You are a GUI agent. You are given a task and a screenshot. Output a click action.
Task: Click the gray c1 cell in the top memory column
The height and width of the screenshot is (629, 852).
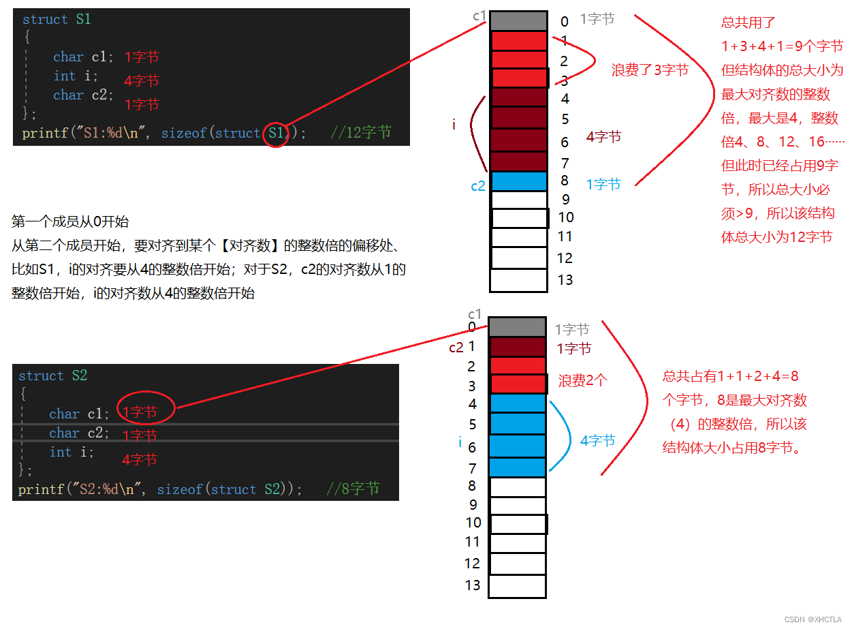pyautogui.click(x=518, y=21)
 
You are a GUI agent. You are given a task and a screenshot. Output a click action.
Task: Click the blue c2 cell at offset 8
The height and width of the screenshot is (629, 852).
pyautogui.click(x=518, y=181)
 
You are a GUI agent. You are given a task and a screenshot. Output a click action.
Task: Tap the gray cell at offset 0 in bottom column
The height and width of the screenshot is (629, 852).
pyautogui.click(x=518, y=327)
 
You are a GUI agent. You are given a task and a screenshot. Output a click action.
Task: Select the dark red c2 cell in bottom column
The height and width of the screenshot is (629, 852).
pyautogui.click(x=518, y=347)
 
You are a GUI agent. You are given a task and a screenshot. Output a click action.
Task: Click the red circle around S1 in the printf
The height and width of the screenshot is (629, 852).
pyautogui.click(x=275, y=133)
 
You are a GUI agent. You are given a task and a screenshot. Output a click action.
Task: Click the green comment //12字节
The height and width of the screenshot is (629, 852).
pyautogui.click(x=361, y=133)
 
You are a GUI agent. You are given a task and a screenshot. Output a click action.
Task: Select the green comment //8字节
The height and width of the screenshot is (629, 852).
pyautogui.click(x=353, y=489)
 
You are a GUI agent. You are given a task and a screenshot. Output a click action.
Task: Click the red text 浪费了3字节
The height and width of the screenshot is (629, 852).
pyautogui.click(x=650, y=70)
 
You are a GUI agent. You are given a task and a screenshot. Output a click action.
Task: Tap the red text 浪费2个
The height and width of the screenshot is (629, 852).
pyautogui.click(x=582, y=381)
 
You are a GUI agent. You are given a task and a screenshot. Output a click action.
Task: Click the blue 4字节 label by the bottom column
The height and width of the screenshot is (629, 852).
pyautogui.click(x=597, y=441)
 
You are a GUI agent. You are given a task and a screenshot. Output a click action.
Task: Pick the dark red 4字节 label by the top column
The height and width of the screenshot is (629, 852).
pyautogui.click(x=603, y=137)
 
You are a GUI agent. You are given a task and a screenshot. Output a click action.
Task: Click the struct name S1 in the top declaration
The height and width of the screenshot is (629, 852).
pyautogui.click(x=83, y=19)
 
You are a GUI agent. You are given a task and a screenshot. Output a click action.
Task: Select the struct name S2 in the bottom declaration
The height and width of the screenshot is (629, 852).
pyautogui.click(x=79, y=375)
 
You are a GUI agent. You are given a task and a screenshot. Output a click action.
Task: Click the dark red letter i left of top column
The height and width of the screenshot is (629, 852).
pyautogui.click(x=454, y=124)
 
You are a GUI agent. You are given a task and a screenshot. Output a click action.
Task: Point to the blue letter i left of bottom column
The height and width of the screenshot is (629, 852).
pyautogui.click(x=460, y=443)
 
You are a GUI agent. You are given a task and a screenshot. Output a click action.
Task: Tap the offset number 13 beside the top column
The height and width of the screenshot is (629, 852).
pyautogui.click(x=565, y=279)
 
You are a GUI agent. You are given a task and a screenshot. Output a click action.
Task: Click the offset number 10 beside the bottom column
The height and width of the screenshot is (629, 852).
pyautogui.click(x=473, y=523)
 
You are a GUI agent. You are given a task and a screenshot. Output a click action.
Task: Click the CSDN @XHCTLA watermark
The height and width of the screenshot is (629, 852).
pyautogui.click(x=812, y=619)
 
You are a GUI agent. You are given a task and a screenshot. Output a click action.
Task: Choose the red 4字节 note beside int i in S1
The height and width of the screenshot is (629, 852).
pyautogui.click(x=142, y=80)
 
